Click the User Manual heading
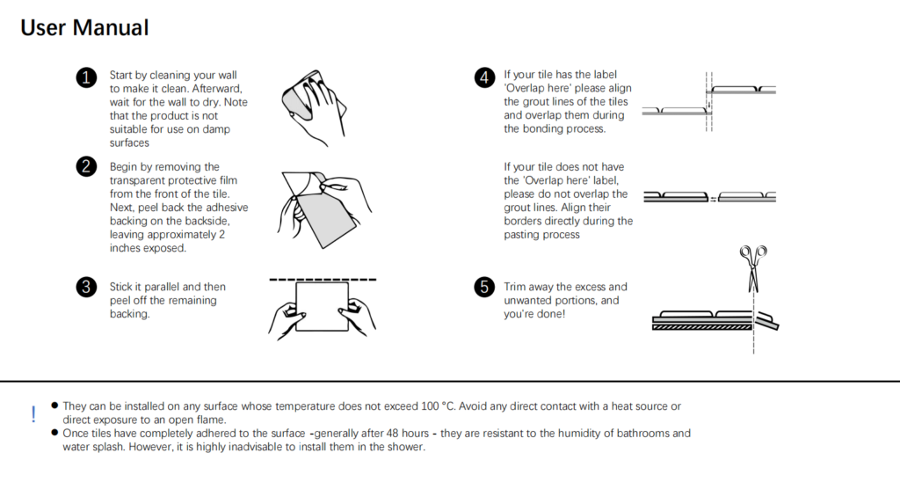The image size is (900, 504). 84,27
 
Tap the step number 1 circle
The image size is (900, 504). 86,78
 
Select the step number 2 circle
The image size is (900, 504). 86,167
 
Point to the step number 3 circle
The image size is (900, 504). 86,287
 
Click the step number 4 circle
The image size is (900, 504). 483,78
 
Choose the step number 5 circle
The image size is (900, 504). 483,287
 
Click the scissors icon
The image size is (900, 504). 751,267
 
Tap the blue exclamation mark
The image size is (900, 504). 33,414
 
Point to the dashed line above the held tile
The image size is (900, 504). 322,280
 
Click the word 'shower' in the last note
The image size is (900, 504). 406,447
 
